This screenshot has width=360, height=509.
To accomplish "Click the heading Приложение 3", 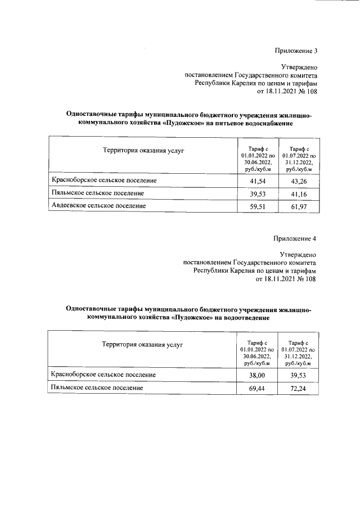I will (296, 51).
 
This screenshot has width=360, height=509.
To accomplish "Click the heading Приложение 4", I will (295, 238).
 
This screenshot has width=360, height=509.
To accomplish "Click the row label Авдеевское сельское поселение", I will (99, 206).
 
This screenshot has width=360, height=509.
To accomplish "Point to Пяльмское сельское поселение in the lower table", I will (97, 388).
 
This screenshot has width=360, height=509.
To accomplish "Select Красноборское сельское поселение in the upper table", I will (103, 181).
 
